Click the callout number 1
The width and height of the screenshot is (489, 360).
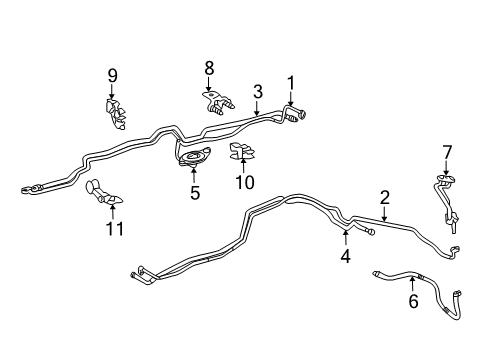tap(291, 82)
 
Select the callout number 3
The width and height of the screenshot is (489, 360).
tap(257, 91)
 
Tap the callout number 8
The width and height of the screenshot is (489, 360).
tap(209, 68)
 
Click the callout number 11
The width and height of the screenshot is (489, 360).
tap(116, 229)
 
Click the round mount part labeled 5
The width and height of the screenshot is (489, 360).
tap(192, 158)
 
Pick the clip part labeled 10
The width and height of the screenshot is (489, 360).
tap(240, 154)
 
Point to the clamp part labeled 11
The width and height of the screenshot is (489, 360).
tap(100, 192)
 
